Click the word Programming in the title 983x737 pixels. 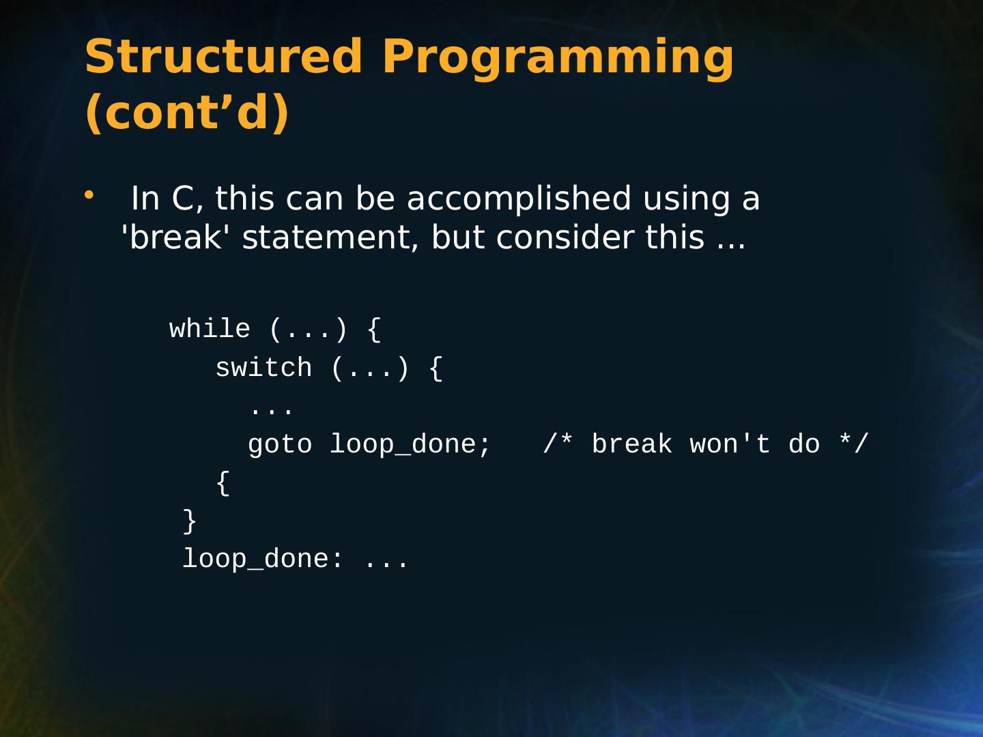coord(558,59)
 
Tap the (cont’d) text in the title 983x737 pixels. coord(187,113)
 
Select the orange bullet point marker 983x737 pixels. coord(89,195)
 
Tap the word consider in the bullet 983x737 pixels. coord(565,237)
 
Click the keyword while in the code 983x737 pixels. coord(210,329)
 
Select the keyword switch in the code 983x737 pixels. coord(263,367)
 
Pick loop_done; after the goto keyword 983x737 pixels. coord(410,445)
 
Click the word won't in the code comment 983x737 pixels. coord(730,444)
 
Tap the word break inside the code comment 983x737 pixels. coord(632,444)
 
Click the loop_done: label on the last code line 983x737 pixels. coord(262,560)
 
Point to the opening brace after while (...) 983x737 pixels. coord(374,330)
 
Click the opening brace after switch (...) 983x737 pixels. coord(436,369)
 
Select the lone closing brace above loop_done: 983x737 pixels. coord(190,521)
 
